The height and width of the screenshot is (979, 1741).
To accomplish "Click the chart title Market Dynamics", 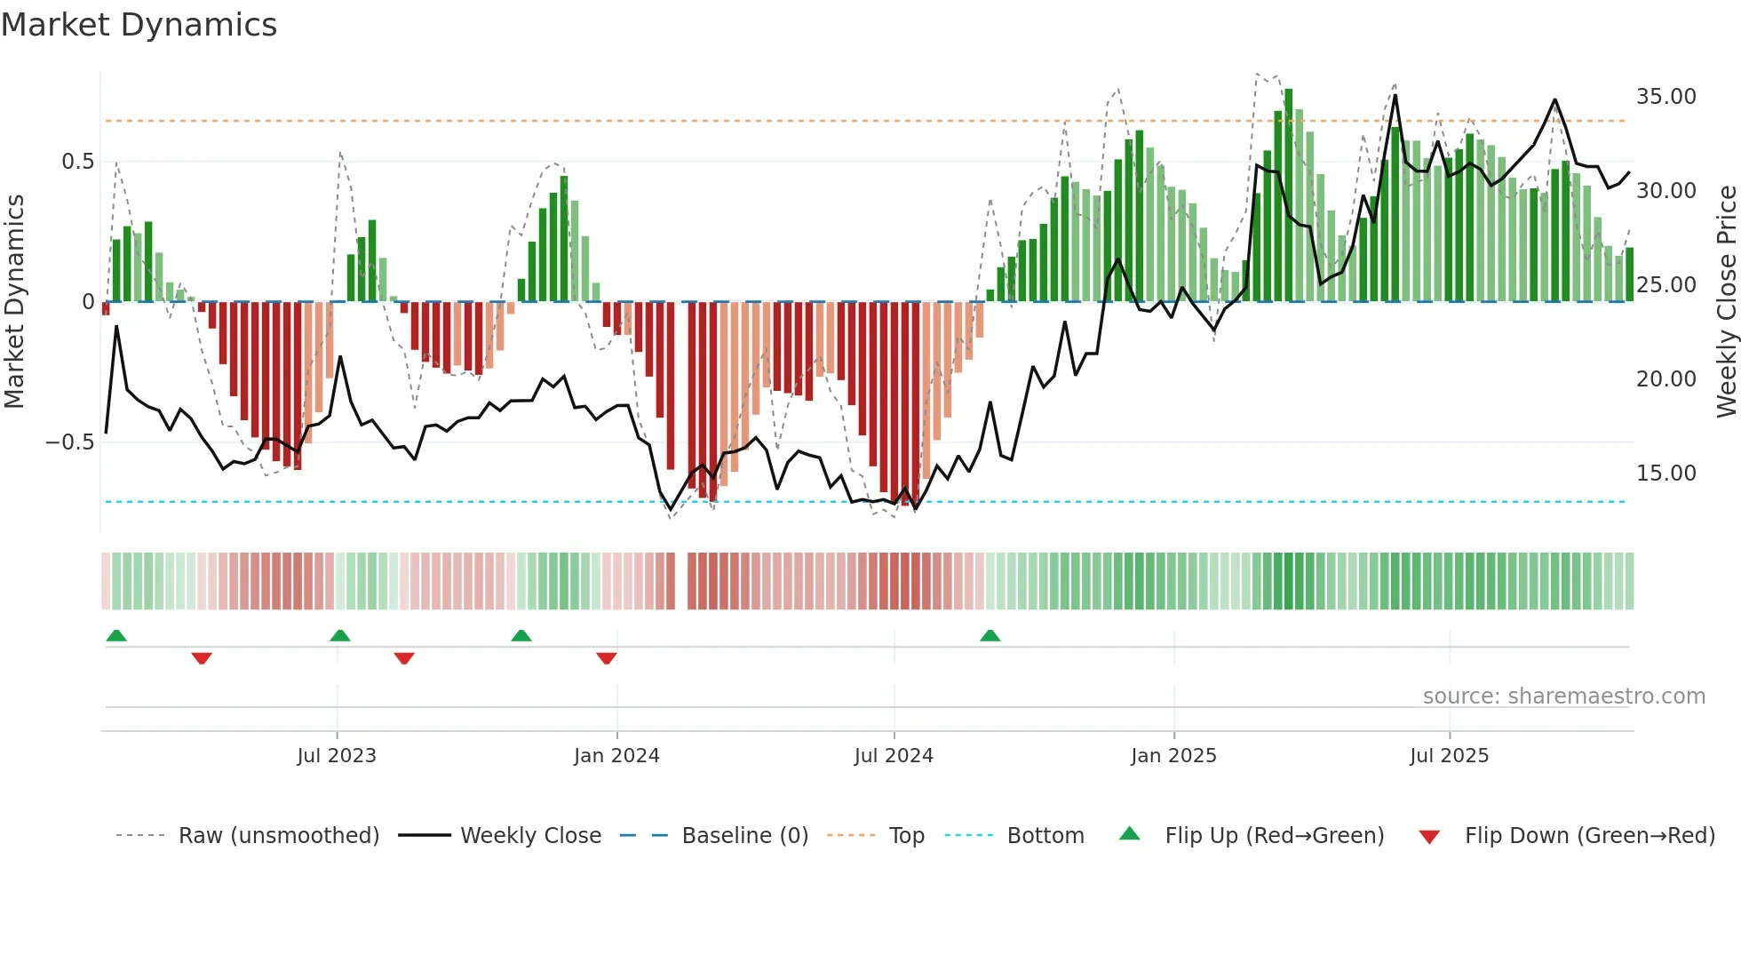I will pyautogui.click(x=139, y=25).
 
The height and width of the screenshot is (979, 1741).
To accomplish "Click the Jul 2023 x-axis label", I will pyautogui.click(x=337, y=756).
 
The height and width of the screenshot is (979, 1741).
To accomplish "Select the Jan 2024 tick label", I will pyautogui.click(x=616, y=756).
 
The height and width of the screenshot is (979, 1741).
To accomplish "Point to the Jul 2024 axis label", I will pyautogui.click(x=894, y=756).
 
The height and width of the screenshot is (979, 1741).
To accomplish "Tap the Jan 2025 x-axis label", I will pyautogui.click(x=1173, y=756).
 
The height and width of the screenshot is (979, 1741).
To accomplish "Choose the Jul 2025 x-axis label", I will pyautogui.click(x=1449, y=756).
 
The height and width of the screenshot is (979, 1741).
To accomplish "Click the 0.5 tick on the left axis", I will pyautogui.click(x=77, y=162).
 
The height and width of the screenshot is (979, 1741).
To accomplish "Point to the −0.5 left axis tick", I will pyautogui.click(x=70, y=442).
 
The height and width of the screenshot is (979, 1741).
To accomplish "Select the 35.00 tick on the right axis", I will pyautogui.click(x=1665, y=97).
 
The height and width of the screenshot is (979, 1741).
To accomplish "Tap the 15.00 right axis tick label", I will pyautogui.click(x=1665, y=474).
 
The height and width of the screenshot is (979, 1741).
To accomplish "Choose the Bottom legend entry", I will pyautogui.click(x=1045, y=836).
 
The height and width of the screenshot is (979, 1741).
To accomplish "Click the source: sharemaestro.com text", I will pyautogui.click(x=1563, y=696).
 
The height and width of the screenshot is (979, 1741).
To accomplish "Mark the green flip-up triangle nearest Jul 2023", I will pyautogui.click(x=340, y=635).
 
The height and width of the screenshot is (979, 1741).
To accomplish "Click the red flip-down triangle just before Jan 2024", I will pyautogui.click(x=607, y=658).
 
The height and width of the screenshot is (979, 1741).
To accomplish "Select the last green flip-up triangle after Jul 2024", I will pyautogui.click(x=990, y=635).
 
